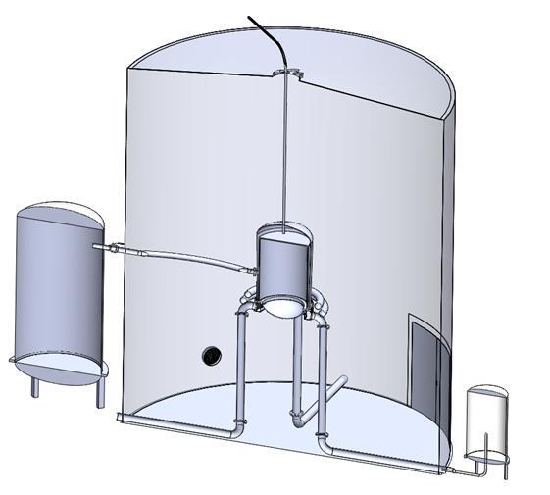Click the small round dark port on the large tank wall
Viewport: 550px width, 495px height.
point(209,355)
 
